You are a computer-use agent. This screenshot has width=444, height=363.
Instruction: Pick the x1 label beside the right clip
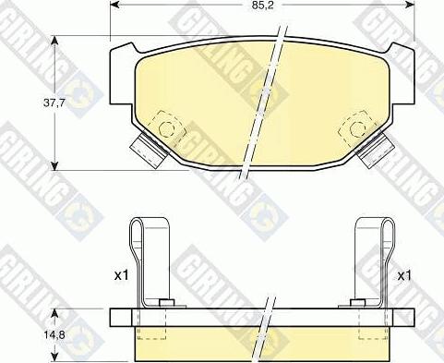click(403, 275)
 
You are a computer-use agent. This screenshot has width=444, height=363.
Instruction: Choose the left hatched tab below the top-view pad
click(146, 147)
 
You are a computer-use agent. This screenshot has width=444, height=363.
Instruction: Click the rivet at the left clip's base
click(166, 303)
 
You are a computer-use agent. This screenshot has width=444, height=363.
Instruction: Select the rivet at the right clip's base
click(356, 303)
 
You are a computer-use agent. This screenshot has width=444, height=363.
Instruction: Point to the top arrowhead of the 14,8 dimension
click(56, 311)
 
